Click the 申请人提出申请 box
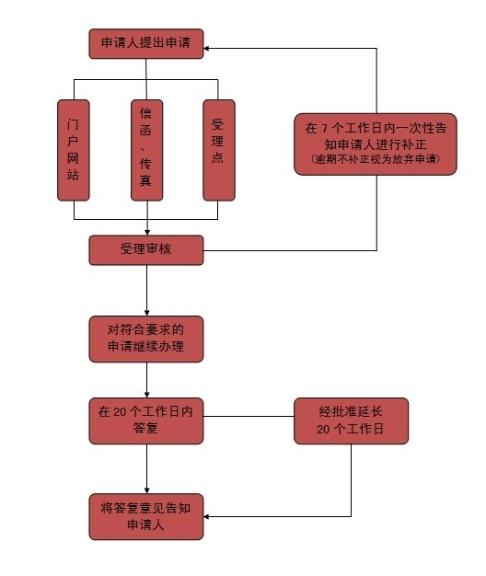click(x=146, y=44)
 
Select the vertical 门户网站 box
click(x=74, y=149)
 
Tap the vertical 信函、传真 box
click(x=146, y=149)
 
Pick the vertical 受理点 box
click(x=219, y=149)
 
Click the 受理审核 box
click(x=146, y=249)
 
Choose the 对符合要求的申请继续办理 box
click(x=146, y=340)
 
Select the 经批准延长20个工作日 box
click(x=350, y=421)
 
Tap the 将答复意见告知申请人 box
click(x=146, y=516)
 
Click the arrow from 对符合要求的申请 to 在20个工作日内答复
click(x=147, y=379)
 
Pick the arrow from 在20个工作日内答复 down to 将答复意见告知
click(x=147, y=467)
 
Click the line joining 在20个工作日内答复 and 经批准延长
click(x=249, y=416)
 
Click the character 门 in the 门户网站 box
click(x=74, y=121)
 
